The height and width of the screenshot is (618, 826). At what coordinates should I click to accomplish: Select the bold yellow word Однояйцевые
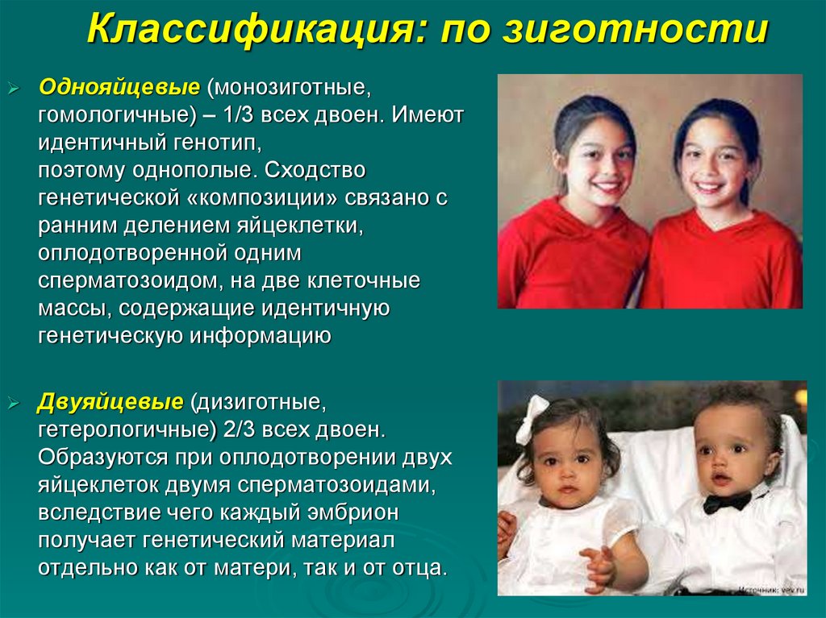pyautogui.click(x=119, y=86)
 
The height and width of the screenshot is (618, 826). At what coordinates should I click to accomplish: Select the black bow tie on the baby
pyautogui.click(x=726, y=502)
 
